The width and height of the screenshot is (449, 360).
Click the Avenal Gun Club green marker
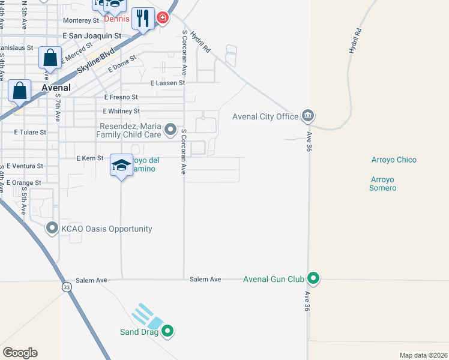313,278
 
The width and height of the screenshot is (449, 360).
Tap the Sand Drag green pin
168,330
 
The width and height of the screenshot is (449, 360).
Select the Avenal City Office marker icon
308,115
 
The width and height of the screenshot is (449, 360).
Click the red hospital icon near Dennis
162,19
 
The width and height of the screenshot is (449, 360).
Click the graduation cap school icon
121,166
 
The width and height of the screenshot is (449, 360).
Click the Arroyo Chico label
394,160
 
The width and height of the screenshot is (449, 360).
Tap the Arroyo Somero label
383,184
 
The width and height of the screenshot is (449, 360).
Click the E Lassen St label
167,83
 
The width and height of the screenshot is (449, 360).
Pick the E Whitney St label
121,111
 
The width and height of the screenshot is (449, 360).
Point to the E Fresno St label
121,97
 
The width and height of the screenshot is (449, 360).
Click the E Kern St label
90,158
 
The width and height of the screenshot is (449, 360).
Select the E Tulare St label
30,131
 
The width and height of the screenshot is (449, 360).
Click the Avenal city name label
56,88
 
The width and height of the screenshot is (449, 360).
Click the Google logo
20,353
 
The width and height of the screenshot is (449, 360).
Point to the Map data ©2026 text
423,355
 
